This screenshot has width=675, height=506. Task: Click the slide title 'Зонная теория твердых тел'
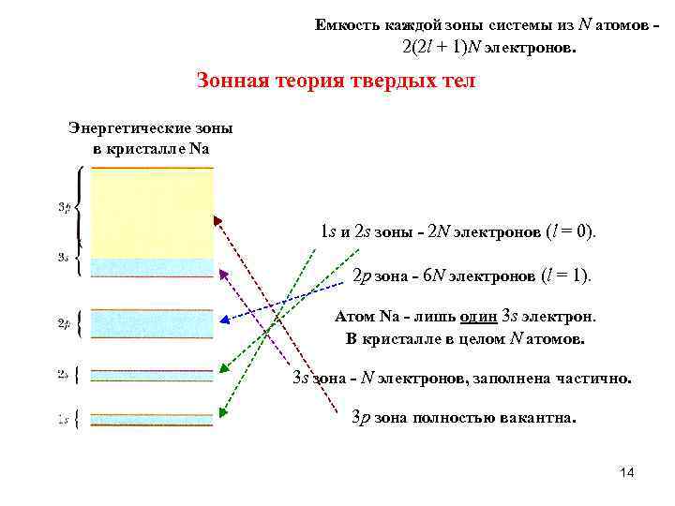click(x=336, y=81)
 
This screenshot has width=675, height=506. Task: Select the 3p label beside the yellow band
click(x=64, y=207)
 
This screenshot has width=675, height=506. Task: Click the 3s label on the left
click(x=64, y=257)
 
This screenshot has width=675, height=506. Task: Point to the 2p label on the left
click(x=64, y=324)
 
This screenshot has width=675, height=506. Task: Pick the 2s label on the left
click(x=64, y=374)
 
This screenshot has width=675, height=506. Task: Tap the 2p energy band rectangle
click(x=152, y=324)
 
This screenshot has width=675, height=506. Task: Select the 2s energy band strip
click(x=152, y=375)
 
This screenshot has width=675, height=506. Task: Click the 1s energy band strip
click(x=152, y=419)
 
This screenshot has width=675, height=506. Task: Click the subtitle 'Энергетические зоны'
click(x=151, y=127)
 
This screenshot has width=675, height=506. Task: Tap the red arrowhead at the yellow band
click(x=218, y=222)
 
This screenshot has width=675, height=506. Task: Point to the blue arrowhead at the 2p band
click(x=221, y=319)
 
